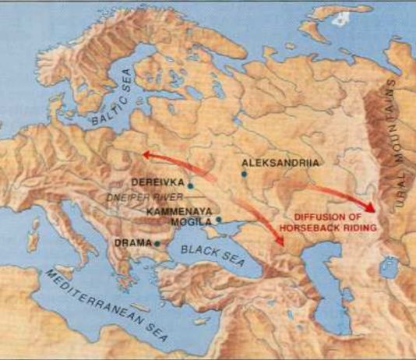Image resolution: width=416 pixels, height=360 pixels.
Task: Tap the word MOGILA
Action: (192, 221)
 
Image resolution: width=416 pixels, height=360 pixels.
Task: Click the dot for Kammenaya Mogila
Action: (220, 219)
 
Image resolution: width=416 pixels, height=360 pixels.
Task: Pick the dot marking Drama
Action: (157, 243)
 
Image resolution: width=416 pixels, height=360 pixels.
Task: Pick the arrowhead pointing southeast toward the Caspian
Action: (282, 242)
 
